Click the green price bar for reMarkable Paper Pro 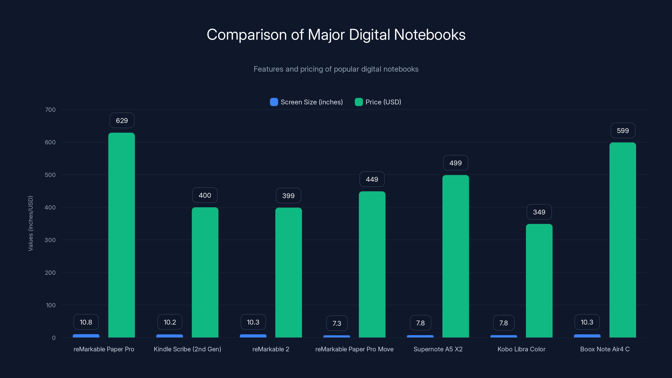click(122, 235)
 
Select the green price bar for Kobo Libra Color click(539, 280)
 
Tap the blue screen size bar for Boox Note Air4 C click(587, 336)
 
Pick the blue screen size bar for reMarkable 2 click(253, 336)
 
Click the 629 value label click(122, 121)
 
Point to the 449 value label click(372, 179)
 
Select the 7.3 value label click(337, 323)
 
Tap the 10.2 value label click(170, 322)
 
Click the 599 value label click(623, 130)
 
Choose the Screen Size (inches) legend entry click(307, 102)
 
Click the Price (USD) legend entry click(378, 102)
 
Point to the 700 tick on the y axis click(50, 110)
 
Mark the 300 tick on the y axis click(50, 240)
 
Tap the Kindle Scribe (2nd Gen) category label click(187, 349)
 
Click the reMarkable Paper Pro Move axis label click(354, 349)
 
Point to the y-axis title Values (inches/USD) click(30, 223)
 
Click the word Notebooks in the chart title click(429, 35)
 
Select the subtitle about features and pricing click(336, 69)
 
